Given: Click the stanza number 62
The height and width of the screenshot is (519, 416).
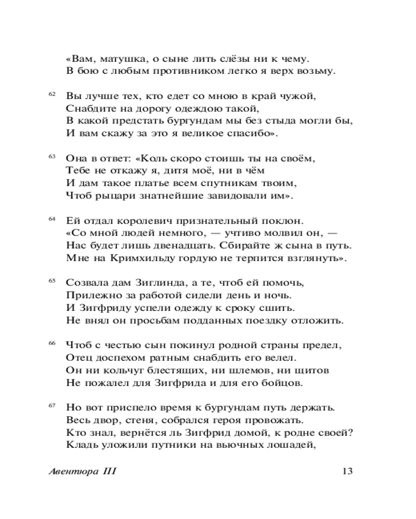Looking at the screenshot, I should (51, 93).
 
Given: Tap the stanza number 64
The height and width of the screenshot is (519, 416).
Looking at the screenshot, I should (51, 218).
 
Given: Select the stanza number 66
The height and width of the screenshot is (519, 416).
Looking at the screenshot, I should (51, 343).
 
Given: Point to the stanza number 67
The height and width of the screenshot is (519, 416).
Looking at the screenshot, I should (51, 405).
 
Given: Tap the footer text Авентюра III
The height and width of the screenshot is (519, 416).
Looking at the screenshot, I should (81, 471).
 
